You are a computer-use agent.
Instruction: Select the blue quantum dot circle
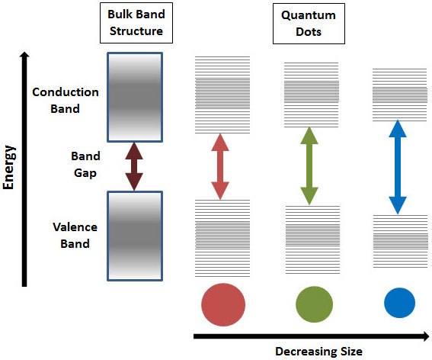tap(399, 304)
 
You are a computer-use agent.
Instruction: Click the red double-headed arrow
tap(219, 167)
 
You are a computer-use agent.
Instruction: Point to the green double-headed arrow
tap(309, 166)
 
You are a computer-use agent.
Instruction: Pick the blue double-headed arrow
tap(397, 166)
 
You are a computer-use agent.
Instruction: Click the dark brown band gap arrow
tap(134, 166)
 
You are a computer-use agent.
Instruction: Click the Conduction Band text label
tap(66, 100)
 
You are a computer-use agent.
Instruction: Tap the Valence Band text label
tap(71, 236)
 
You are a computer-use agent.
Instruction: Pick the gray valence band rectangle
tap(134, 236)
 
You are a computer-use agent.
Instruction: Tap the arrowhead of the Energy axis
tap(24, 58)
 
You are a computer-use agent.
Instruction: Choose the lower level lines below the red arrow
tap(222, 236)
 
